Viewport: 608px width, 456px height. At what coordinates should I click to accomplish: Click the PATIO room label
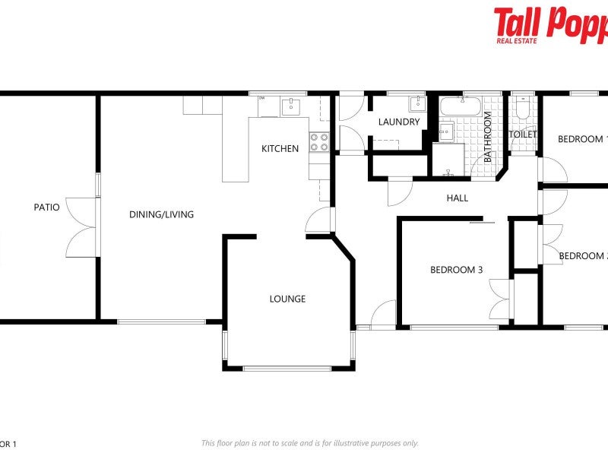pyautogui.click(x=46, y=207)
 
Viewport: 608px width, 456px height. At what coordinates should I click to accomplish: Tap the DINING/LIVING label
pyautogui.click(x=161, y=214)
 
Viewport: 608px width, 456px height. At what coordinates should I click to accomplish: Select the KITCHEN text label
pyautogui.click(x=280, y=148)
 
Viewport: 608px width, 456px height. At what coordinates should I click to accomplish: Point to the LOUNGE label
pyautogui.click(x=287, y=299)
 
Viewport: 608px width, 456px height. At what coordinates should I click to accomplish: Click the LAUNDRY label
pyautogui.click(x=398, y=122)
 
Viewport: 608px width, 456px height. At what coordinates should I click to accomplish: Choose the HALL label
pyautogui.click(x=457, y=198)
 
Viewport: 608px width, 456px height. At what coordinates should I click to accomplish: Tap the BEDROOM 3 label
pyautogui.click(x=456, y=269)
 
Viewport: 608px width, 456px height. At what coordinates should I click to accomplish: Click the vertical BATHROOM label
pyautogui.click(x=489, y=138)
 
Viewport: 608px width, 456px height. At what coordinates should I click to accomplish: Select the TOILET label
pyautogui.click(x=522, y=135)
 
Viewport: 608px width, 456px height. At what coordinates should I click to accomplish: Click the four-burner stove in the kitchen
pyautogui.click(x=319, y=142)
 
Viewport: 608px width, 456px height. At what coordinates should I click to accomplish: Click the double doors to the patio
pyautogui.click(x=82, y=226)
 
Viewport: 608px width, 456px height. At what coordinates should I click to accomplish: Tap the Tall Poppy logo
pyautogui.click(x=550, y=24)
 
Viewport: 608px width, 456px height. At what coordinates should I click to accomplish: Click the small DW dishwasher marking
pyautogui.click(x=261, y=98)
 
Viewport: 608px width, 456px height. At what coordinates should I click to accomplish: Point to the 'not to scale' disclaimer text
pyautogui.click(x=309, y=443)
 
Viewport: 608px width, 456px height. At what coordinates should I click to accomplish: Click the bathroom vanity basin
pyautogui.click(x=447, y=131)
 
